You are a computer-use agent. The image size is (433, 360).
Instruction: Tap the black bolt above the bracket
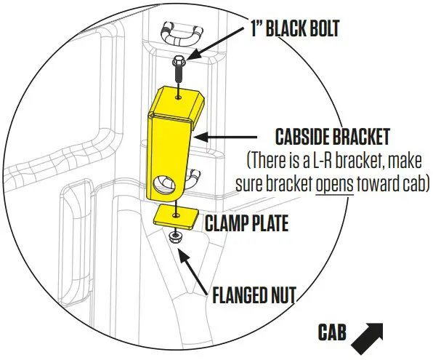click(177, 73)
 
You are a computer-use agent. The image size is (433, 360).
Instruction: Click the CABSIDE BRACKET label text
click(333, 136)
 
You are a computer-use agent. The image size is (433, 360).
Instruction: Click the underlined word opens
click(336, 180)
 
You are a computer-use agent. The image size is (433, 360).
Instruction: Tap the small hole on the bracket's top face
click(179, 94)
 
